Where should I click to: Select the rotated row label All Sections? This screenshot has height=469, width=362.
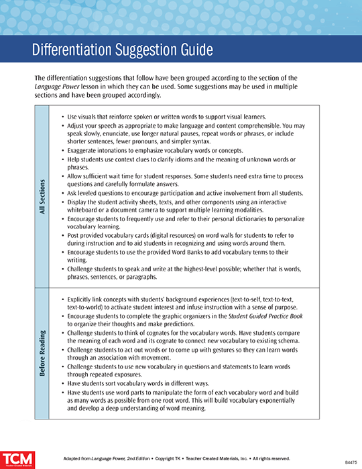[42, 195]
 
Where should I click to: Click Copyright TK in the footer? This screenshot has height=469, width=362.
[149, 458]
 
